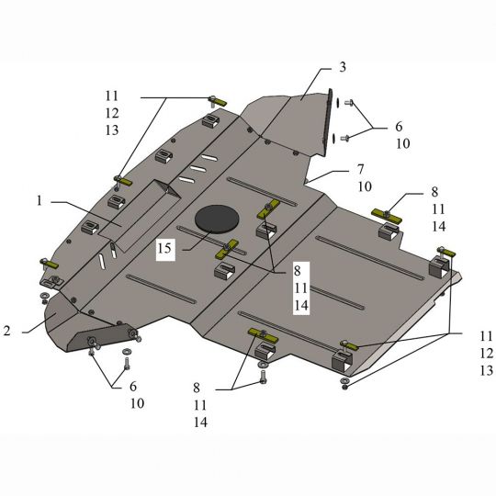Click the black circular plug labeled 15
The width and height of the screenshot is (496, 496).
tap(217, 219)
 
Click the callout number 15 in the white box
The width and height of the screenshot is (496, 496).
tap(164, 248)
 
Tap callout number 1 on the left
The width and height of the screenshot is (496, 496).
tap(39, 201)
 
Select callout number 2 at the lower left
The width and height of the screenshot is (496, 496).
tap(7, 331)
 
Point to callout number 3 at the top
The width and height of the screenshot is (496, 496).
tap(343, 67)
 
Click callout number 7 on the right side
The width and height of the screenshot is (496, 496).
tap(361, 169)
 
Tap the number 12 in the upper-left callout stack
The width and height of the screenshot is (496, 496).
tap(112, 113)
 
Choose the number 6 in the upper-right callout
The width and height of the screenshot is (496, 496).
tap(399, 127)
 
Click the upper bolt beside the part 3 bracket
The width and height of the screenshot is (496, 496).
tap(349, 103)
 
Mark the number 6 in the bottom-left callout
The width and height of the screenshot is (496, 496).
tap(133, 386)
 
